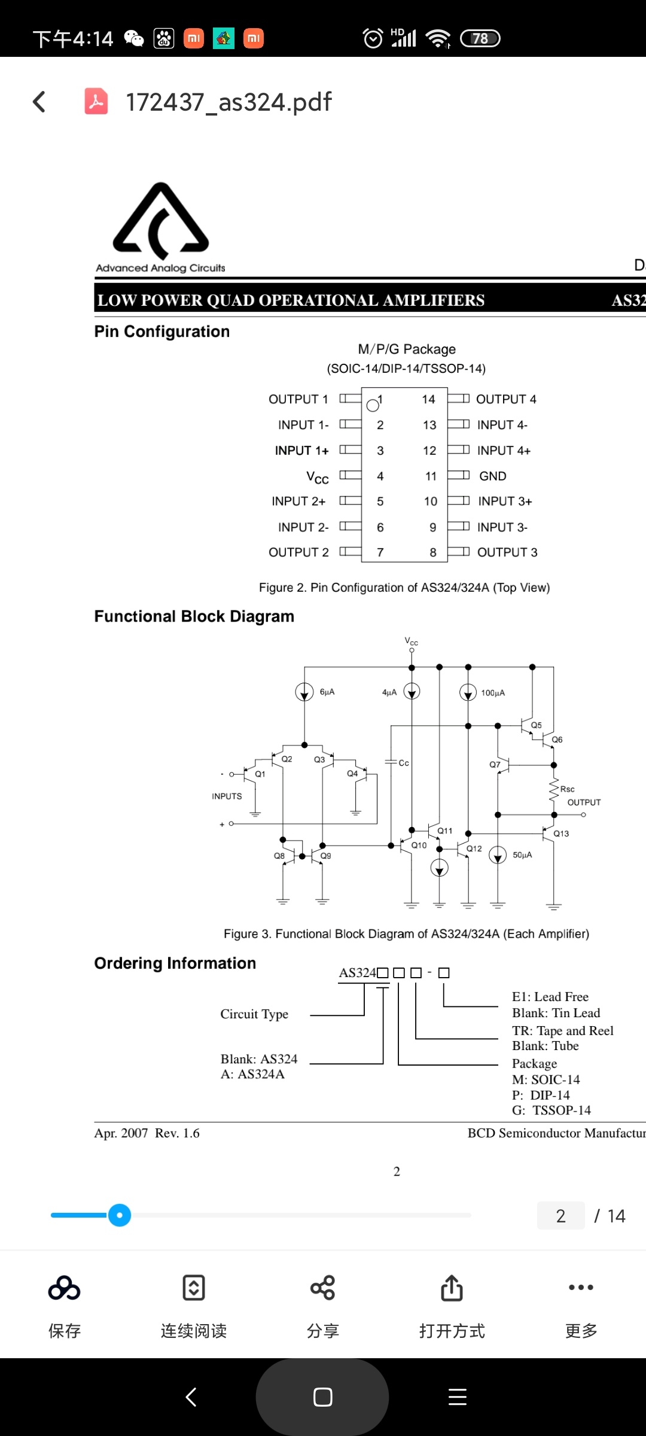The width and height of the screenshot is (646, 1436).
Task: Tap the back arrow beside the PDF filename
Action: coord(39,102)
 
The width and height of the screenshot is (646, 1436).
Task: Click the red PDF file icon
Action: coord(96,101)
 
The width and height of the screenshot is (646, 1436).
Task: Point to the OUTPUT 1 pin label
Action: coord(298,399)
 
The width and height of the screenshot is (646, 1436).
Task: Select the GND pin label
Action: coord(493,476)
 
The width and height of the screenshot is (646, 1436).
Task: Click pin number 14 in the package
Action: coord(428,399)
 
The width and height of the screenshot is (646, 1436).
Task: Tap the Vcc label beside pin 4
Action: coord(318,477)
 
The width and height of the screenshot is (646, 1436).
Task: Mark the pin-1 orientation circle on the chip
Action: coord(373,406)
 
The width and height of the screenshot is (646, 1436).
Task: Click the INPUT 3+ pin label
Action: coord(505,501)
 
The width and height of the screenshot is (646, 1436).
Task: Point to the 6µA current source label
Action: coord(327,692)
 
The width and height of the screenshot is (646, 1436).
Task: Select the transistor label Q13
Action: coord(561,833)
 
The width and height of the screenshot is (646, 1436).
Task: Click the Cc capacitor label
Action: coord(404,763)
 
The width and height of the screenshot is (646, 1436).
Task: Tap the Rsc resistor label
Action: coord(567,789)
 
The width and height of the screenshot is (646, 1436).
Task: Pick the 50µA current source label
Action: coord(522,855)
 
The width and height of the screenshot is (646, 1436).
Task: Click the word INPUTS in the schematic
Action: coord(227,796)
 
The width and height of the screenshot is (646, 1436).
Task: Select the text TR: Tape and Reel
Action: coord(563,1030)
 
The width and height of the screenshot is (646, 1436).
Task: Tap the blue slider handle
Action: coord(120,1215)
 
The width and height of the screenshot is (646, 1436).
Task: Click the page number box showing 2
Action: coord(561,1216)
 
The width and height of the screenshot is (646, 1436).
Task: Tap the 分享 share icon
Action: coord(323,1288)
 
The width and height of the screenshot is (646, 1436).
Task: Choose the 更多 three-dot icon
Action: coord(581,1288)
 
